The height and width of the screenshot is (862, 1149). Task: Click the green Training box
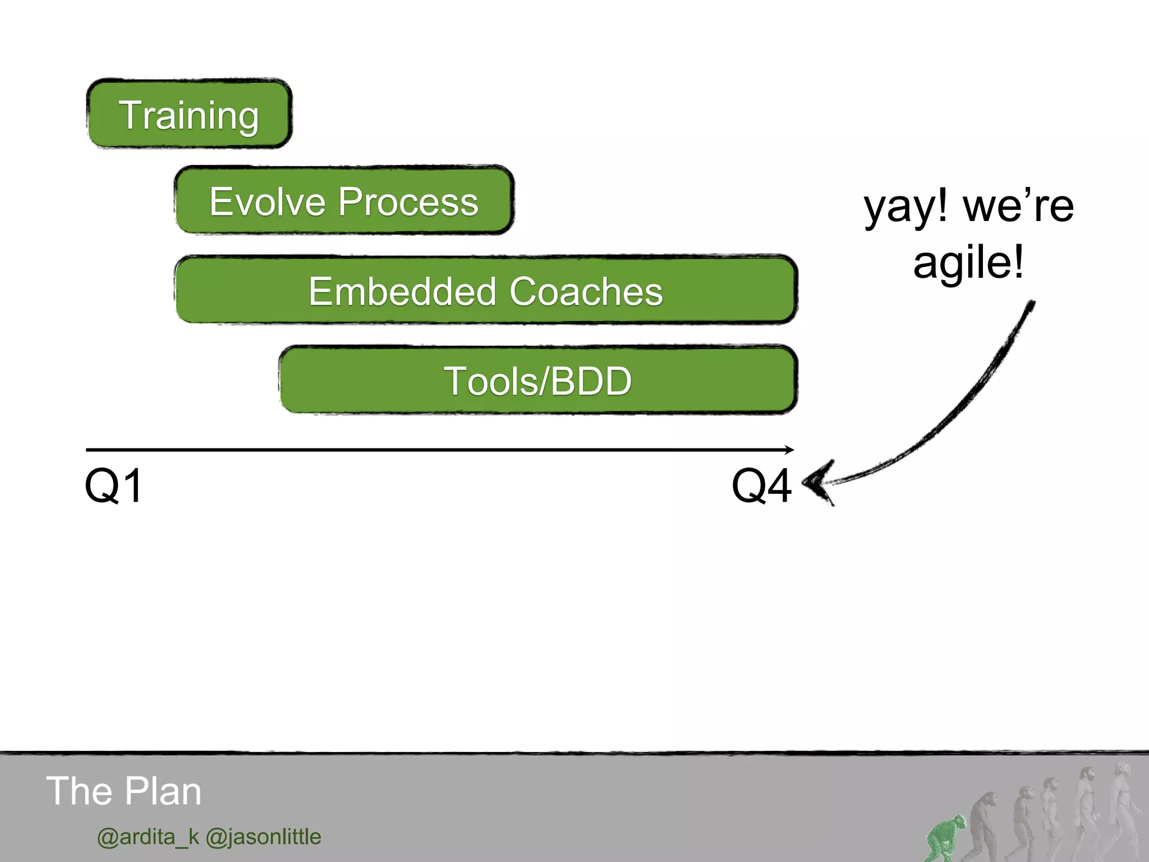189,114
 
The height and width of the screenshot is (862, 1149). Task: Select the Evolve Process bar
344,201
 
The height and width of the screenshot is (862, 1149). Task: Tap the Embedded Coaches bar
486,290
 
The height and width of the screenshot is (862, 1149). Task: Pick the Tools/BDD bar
537,380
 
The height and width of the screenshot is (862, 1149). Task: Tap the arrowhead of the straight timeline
789,450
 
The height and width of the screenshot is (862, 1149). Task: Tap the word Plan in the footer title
162,791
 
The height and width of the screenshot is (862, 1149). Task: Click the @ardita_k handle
148,837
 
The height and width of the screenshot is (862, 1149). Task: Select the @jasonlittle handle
264,837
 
